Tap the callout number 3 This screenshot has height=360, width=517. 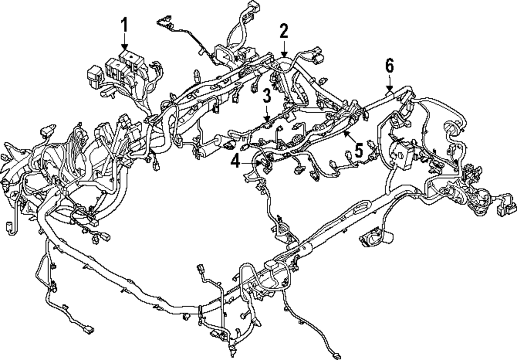[x=266, y=96]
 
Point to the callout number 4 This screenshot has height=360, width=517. [x=235, y=162]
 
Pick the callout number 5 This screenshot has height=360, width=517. [x=356, y=150]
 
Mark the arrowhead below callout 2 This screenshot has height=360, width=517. [x=283, y=54]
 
